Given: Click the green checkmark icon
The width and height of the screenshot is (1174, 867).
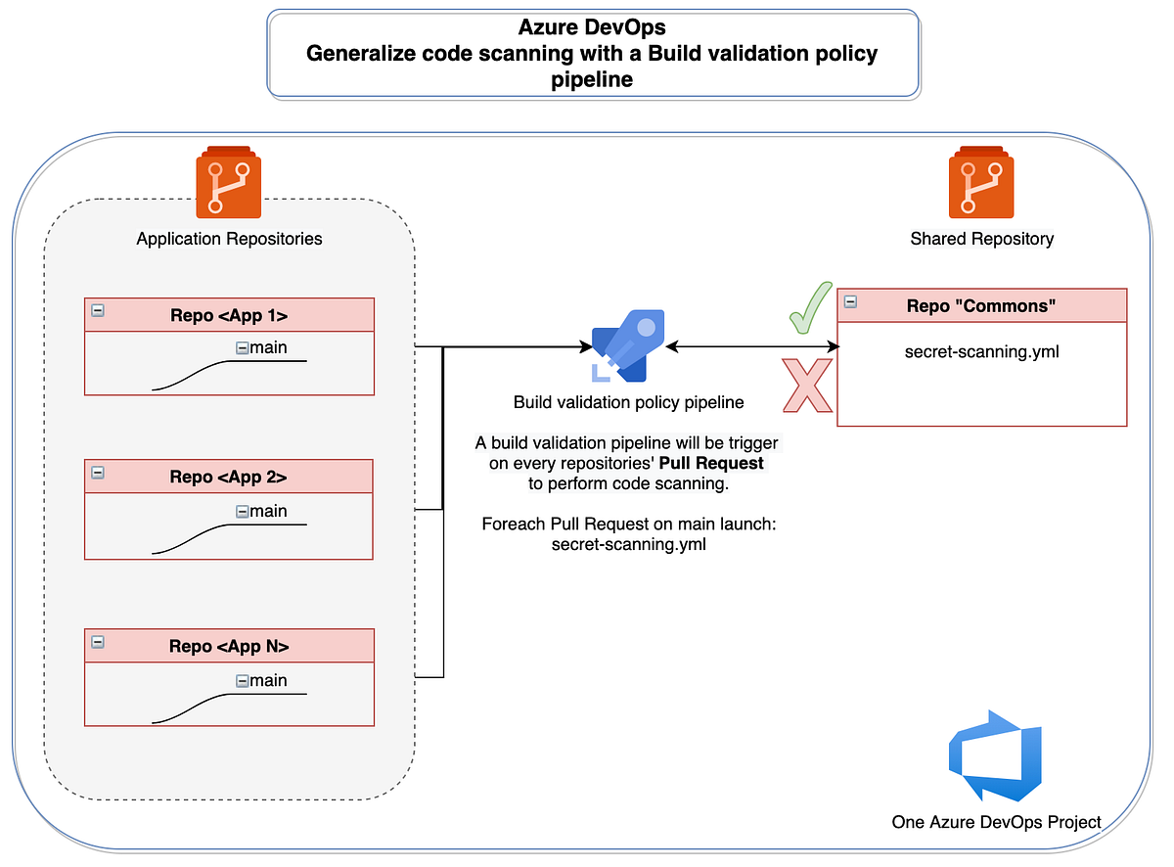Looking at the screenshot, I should pyautogui.click(x=808, y=311).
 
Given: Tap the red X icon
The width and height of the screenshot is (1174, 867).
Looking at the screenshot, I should pyautogui.click(x=806, y=386).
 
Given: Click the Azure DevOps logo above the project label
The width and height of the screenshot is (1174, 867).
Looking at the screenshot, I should pyautogui.click(x=995, y=756).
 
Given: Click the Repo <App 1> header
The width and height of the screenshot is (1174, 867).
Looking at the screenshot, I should pyautogui.click(x=229, y=315).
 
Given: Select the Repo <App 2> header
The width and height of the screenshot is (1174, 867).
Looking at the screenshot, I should pyautogui.click(x=229, y=478).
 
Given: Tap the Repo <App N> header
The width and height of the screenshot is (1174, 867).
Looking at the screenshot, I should pyautogui.click(x=229, y=646).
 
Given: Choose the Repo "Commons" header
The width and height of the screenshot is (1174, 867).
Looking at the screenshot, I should pyautogui.click(x=981, y=305).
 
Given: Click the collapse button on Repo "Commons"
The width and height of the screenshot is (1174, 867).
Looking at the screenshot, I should pyautogui.click(x=850, y=302).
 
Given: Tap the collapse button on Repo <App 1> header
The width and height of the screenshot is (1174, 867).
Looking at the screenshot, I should pyautogui.click(x=98, y=311).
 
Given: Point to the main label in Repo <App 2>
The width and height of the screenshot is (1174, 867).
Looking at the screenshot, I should pyautogui.click(x=268, y=511).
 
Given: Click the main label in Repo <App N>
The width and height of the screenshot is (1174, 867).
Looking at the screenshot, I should pyautogui.click(x=268, y=680).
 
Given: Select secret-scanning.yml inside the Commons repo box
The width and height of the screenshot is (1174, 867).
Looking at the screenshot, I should pyautogui.click(x=981, y=352).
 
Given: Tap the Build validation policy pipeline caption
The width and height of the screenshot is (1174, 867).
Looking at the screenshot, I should pyautogui.click(x=628, y=402).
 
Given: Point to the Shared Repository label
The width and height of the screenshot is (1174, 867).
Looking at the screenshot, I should pyautogui.click(x=981, y=239).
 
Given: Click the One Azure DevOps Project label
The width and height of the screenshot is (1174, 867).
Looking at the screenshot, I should pyautogui.click(x=996, y=822).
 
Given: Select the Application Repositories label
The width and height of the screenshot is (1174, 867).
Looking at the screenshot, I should pyautogui.click(x=229, y=239).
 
